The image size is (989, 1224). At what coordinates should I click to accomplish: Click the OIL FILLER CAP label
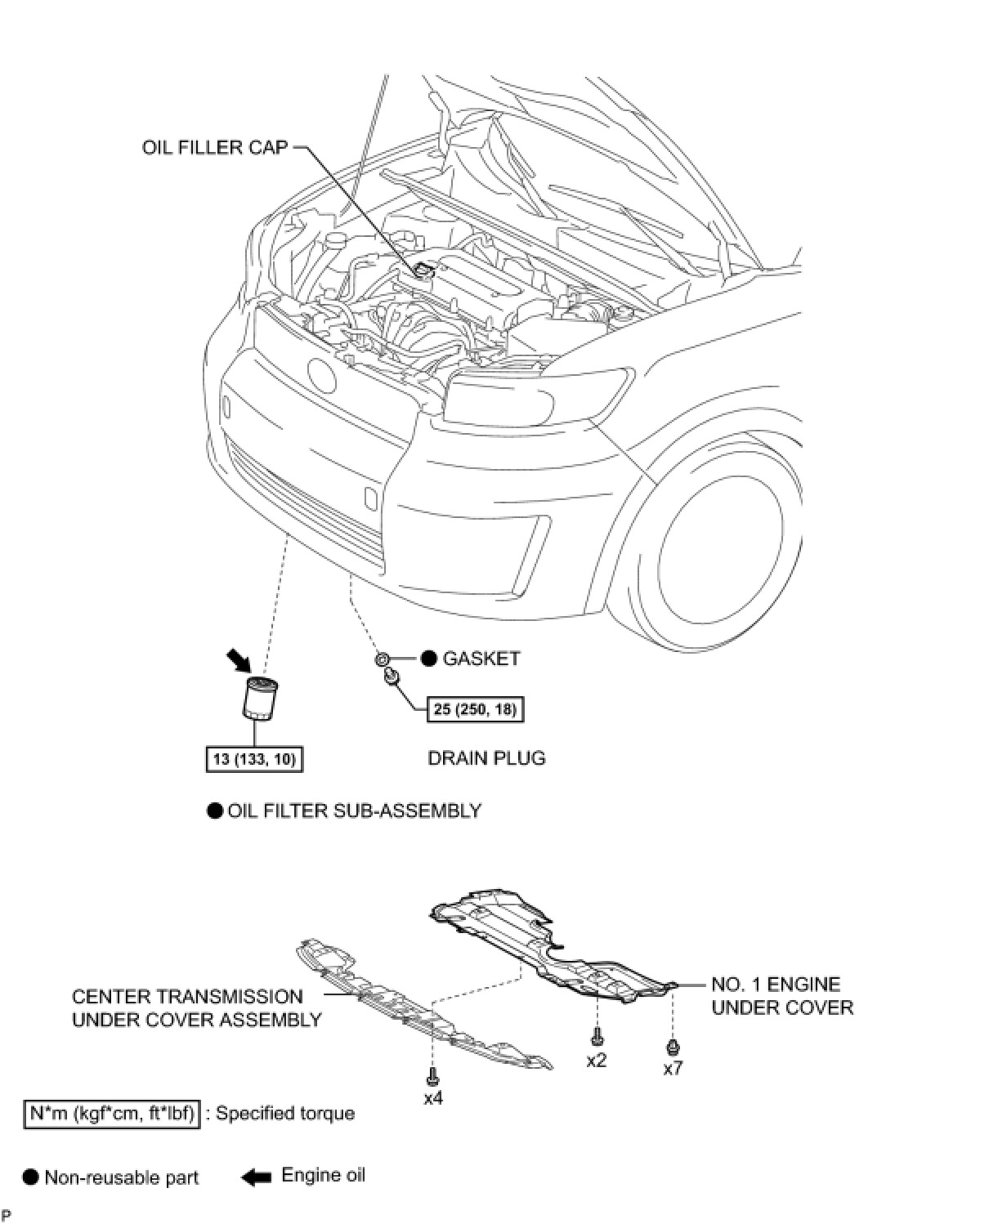215,148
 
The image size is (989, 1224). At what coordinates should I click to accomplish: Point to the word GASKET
481,659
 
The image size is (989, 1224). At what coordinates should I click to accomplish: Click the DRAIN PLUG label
486,758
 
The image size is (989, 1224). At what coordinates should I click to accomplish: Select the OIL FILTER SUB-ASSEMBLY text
354,811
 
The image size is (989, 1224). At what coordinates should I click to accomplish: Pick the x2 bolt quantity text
597,1060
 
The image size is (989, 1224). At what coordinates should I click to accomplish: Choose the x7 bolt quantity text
673,1068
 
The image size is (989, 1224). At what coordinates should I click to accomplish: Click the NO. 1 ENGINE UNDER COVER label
781,996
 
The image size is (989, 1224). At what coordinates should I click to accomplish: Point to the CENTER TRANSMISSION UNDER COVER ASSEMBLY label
196,1008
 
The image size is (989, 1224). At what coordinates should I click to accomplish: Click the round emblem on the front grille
321,373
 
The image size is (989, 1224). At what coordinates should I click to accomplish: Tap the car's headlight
535,395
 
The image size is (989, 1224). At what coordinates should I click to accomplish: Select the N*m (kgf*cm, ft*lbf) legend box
112,1114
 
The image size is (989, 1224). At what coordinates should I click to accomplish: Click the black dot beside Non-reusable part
31,1177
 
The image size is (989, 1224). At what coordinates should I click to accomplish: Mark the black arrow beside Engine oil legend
256,1177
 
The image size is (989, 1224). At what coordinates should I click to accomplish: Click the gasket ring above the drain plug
382,659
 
